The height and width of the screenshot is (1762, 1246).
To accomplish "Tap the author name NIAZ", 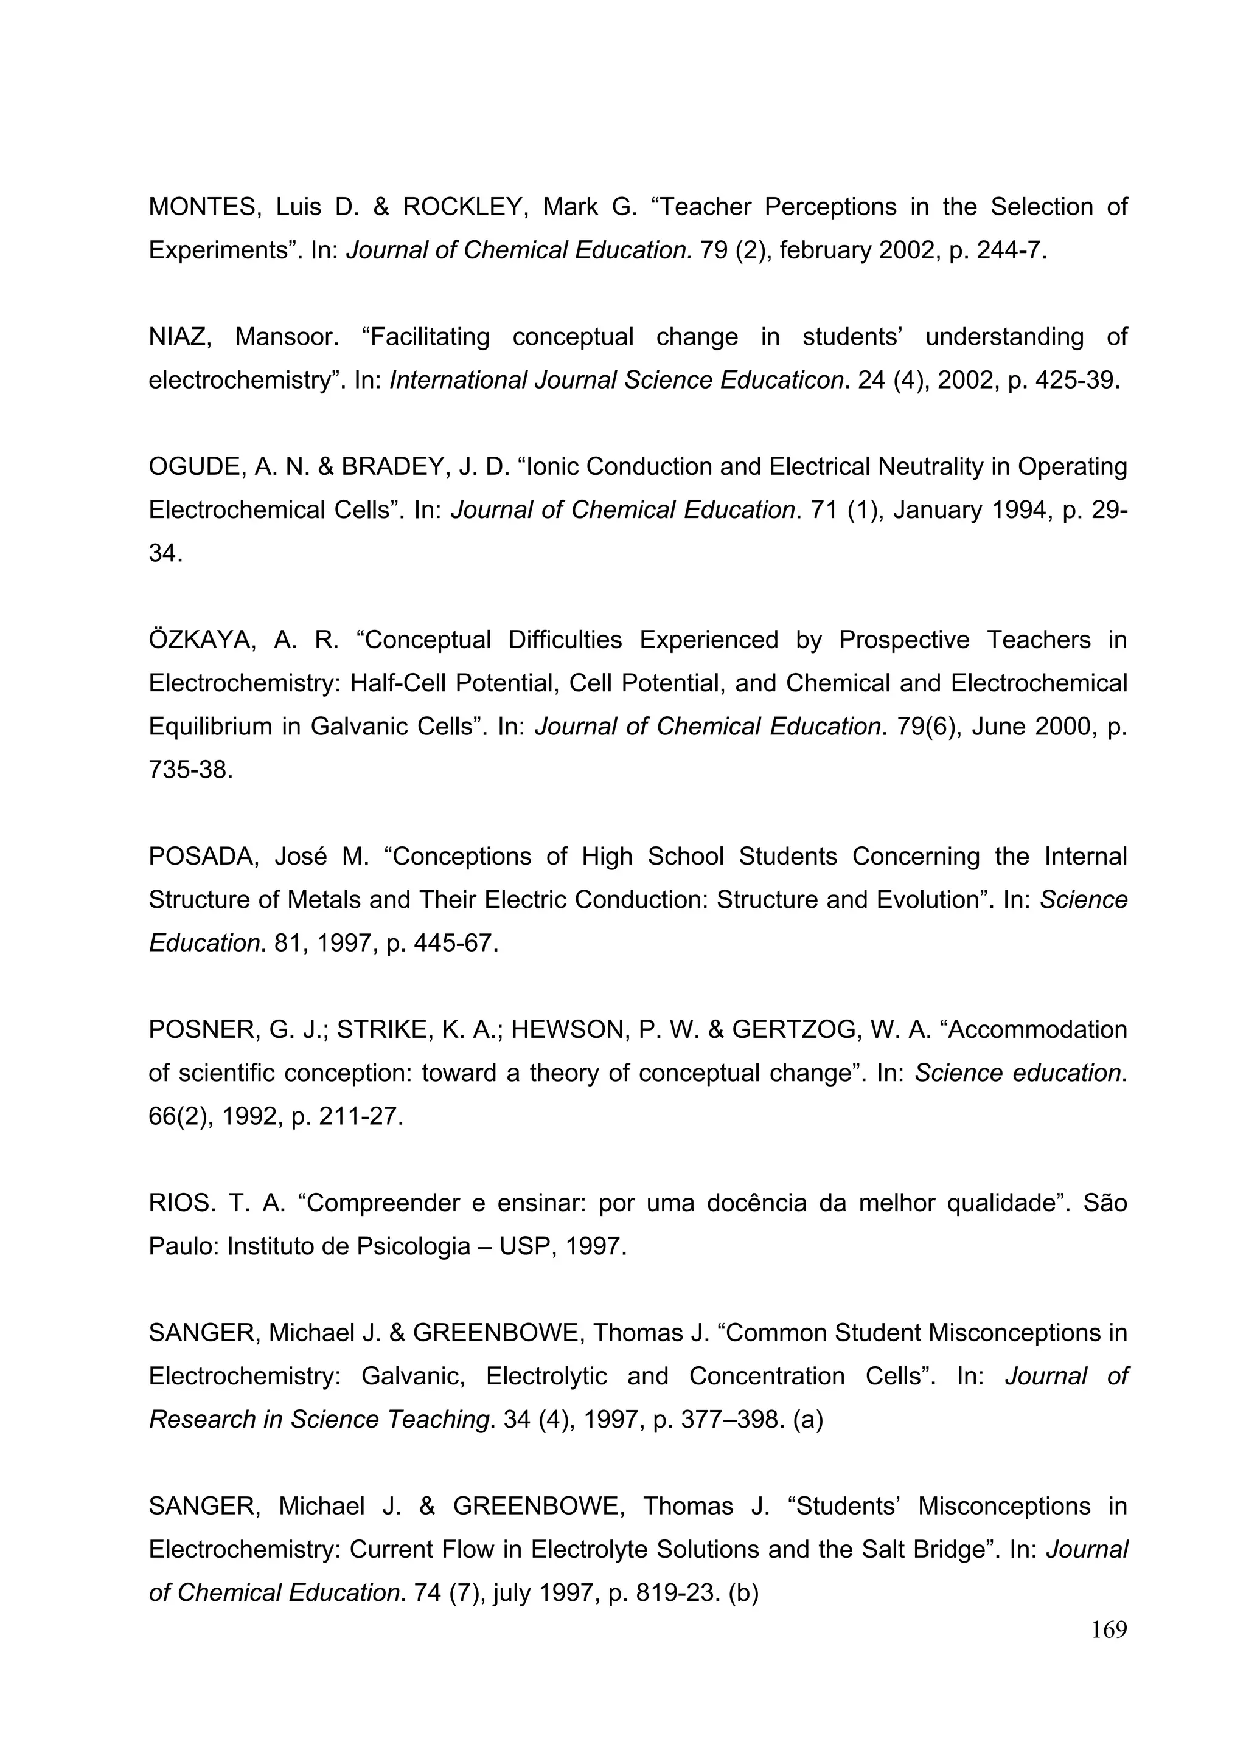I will point(179,337).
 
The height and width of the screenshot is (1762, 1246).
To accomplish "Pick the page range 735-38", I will point(190,770).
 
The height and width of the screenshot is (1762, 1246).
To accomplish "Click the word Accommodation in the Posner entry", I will point(1039,1030).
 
